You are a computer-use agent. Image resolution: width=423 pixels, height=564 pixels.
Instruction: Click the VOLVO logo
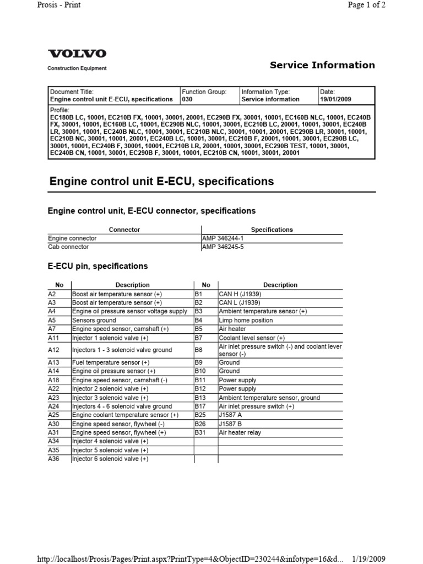pos(77,54)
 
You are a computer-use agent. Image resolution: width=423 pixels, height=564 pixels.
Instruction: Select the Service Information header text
pos(322,65)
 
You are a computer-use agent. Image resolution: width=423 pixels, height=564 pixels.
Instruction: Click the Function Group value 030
pos(187,100)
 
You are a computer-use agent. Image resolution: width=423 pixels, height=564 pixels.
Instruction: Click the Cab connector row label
pos(69,247)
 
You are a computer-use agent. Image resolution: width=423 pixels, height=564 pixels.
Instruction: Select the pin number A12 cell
pos(53,350)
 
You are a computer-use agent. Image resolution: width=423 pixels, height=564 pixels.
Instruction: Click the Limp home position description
pos(246,320)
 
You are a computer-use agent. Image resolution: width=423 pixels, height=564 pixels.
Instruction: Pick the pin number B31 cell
pos(199,433)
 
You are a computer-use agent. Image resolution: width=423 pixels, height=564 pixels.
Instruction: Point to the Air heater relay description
pos(240,433)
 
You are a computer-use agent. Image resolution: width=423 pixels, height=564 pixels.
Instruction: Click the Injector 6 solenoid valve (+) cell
pos(110,459)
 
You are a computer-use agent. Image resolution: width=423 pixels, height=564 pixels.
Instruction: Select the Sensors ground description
pos(94,320)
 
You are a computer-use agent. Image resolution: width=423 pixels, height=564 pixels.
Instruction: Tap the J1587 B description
pos(230,424)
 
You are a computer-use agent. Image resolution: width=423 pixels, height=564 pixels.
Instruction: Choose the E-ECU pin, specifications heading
pos(98,266)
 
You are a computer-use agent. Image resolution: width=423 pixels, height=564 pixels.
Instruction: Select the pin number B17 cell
pos(199,406)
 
